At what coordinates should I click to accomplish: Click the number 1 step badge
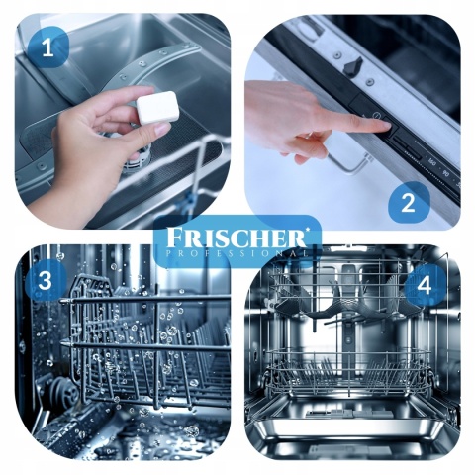48,48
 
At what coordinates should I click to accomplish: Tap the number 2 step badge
409,203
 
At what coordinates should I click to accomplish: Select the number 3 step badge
46,280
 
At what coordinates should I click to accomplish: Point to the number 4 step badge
425,285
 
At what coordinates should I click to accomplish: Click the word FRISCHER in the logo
235,237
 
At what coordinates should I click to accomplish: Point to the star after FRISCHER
308,229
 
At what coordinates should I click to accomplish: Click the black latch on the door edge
352,64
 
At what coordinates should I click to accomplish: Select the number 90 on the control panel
446,173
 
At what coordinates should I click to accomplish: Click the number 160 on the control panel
431,161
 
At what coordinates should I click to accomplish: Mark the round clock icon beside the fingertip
377,116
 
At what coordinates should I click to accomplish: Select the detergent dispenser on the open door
349,414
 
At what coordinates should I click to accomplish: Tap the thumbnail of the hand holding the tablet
161,127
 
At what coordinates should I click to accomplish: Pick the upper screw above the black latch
337,52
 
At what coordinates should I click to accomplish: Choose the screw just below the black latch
370,80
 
